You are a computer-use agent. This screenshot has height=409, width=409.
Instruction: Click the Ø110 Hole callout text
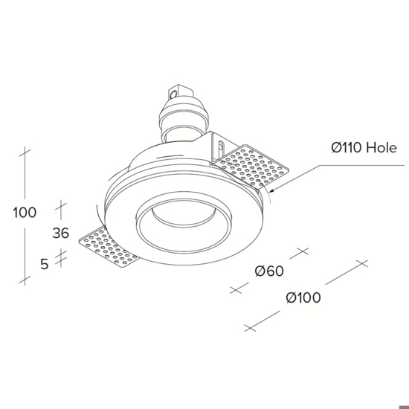[x=364, y=148]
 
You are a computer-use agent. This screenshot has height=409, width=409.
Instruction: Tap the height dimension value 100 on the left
[x=25, y=213]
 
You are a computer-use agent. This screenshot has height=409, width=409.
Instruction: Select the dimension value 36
[x=60, y=233]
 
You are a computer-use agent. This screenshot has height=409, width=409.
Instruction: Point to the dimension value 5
[x=45, y=264]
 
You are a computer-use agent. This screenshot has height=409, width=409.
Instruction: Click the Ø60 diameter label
[x=269, y=271]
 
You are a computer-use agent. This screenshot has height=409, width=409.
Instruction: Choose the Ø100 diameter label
[x=303, y=297]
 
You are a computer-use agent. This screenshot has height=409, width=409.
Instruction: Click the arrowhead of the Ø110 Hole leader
[x=271, y=190]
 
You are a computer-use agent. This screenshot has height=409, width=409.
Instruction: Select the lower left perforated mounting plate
[x=109, y=246]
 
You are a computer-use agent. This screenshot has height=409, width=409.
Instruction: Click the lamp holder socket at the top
[x=184, y=115]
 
